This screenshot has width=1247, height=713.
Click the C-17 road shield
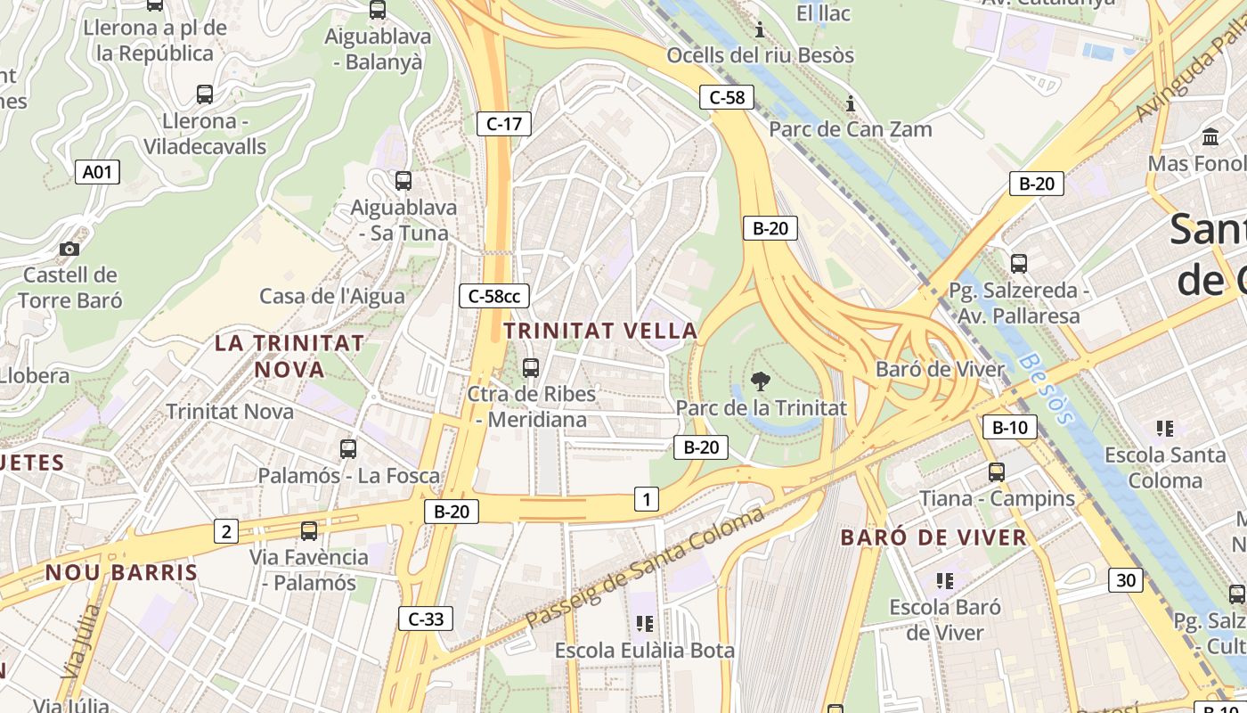pyautogui.click(x=505, y=124)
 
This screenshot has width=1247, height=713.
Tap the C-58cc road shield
pyautogui.click(x=494, y=296)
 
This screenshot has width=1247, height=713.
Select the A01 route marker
pyautogui.click(x=97, y=172)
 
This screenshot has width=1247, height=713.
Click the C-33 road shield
pyautogui.click(x=425, y=619)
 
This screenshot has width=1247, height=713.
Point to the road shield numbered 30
pyautogui.click(x=1126, y=580)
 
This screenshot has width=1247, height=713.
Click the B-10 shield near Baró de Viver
pyautogui.click(x=1009, y=427)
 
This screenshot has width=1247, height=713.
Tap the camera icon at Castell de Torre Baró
pyautogui.click(x=69, y=250)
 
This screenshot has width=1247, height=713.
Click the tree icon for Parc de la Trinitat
pyautogui.click(x=760, y=382)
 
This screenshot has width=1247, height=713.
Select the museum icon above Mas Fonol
pyautogui.click(x=1210, y=137)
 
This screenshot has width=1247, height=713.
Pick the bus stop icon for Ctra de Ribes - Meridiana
pyautogui.click(x=531, y=367)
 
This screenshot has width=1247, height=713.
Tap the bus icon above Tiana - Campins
pyautogui.click(x=996, y=472)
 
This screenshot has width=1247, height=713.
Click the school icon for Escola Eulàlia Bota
pyautogui.click(x=645, y=624)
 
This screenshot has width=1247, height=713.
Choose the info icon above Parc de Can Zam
pyautogui.click(x=851, y=104)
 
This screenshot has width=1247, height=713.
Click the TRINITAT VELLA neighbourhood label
pyautogui.click(x=600, y=331)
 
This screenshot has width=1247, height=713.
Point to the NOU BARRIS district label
pyautogui.click(x=121, y=572)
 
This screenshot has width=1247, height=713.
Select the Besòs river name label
pyautogui.click(x=1047, y=388)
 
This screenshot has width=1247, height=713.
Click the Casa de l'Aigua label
pyautogui.click(x=331, y=296)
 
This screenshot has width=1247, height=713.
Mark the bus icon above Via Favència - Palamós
pyautogui.click(x=309, y=531)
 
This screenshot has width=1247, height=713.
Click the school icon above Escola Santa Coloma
pyautogui.click(x=1164, y=429)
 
